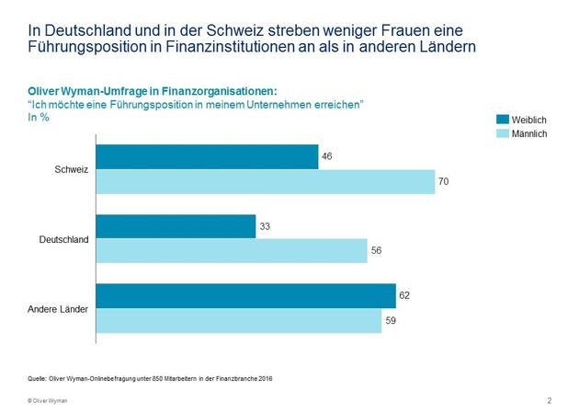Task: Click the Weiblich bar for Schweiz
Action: pos(207,157)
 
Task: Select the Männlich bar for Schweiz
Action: pos(265,182)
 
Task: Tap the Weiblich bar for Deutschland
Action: pos(176,226)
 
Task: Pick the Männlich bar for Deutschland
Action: pos(232,251)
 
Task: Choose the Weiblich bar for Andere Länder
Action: pos(245,295)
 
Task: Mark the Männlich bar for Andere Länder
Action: pos(238,320)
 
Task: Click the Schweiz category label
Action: pos(72,170)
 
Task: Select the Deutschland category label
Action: pos(63,239)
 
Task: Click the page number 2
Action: pos(549,400)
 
